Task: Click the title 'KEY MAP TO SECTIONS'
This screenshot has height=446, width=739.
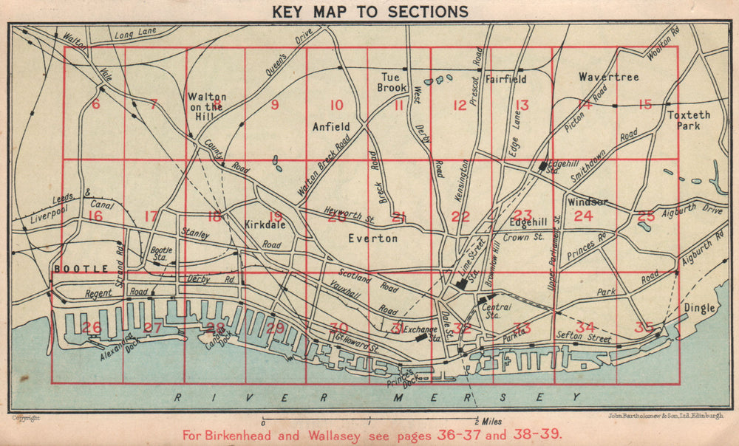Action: (x=370, y=11)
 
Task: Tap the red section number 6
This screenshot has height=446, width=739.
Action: (x=95, y=105)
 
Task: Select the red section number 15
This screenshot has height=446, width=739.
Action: (x=645, y=105)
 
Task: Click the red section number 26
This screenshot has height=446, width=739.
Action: (x=92, y=327)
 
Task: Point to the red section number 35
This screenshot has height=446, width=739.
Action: (x=645, y=327)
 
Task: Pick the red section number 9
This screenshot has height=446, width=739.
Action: (x=275, y=105)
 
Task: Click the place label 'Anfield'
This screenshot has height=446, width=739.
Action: (x=330, y=127)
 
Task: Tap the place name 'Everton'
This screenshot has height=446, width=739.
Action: (x=373, y=239)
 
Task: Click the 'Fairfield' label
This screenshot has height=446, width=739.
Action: (x=505, y=78)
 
